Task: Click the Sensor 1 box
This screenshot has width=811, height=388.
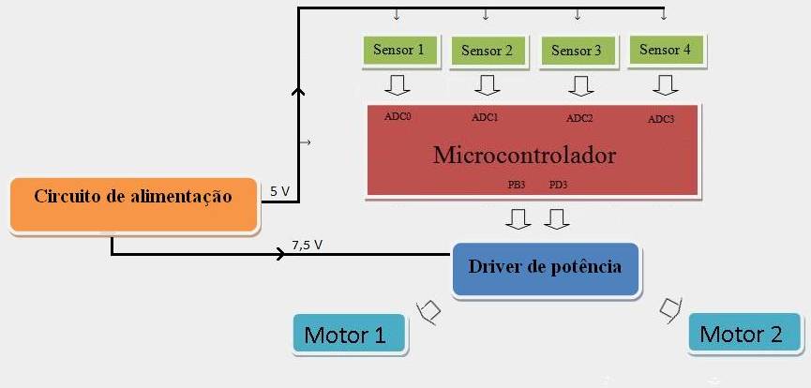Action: (x=398, y=51)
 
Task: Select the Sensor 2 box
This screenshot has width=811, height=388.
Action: (x=487, y=51)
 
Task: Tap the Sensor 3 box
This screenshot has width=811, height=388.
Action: (x=577, y=51)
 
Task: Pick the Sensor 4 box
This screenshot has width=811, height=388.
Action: (x=665, y=51)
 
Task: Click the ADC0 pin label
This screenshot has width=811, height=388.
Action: (x=398, y=116)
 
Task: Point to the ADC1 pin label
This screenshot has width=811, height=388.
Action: (x=485, y=117)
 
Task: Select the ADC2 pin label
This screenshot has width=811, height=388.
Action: (x=579, y=118)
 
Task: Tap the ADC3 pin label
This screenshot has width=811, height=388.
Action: (x=661, y=120)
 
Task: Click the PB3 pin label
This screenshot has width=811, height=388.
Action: (x=517, y=185)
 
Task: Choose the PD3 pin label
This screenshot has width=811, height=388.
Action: (x=558, y=185)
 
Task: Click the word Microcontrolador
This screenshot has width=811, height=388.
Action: (x=524, y=155)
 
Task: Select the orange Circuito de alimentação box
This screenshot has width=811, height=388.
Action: (x=133, y=205)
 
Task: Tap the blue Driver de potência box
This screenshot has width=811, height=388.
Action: (x=545, y=269)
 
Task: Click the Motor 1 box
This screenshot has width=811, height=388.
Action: (x=349, y=334)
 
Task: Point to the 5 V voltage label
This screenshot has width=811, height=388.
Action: (x=279, y=191)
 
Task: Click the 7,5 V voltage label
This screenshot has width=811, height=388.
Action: (x=308, y=246)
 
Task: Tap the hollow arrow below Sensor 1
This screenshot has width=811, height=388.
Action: (x=398, y=85)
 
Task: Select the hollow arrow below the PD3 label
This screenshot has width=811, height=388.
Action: (x=557, y=219)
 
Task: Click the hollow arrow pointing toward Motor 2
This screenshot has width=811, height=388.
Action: (x=671, y=310)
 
